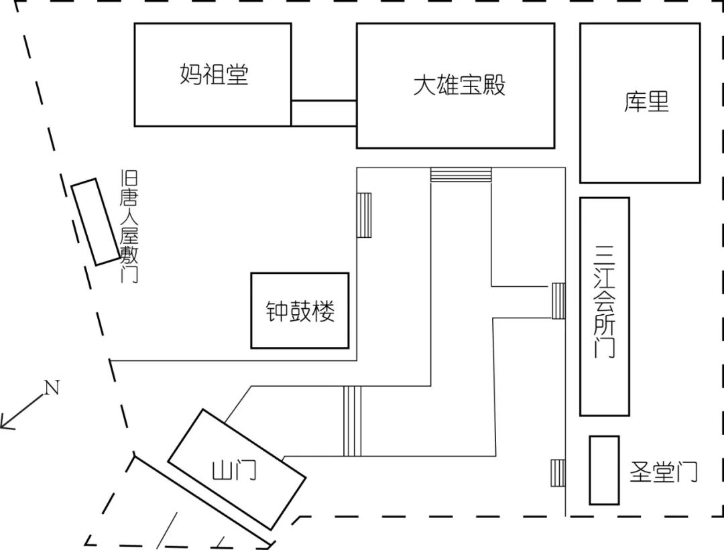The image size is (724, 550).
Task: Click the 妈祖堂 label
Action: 214,74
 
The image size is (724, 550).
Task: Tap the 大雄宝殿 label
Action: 459,85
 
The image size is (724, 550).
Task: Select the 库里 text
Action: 646,102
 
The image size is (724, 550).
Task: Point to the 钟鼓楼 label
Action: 300,311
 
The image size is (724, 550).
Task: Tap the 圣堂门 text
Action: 663,472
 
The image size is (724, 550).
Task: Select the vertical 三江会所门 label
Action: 604,301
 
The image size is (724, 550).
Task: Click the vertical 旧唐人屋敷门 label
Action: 129,226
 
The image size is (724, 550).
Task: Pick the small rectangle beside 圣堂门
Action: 604,470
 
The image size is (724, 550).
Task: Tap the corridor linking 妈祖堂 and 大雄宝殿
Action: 324,113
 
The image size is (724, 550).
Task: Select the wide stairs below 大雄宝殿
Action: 461,175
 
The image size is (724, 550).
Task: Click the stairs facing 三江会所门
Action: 558,301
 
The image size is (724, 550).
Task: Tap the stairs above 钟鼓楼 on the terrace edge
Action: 365,214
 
